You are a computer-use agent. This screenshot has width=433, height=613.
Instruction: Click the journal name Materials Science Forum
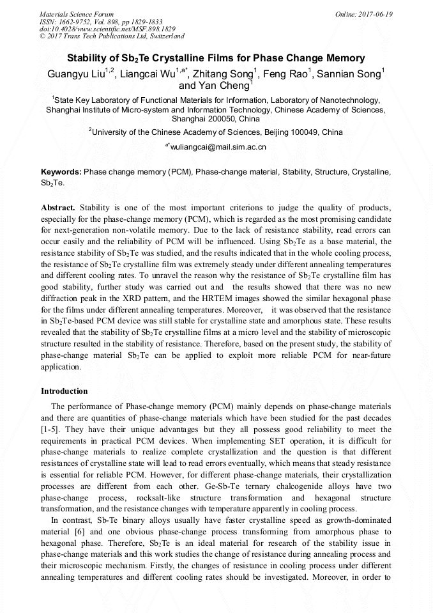(77, 14)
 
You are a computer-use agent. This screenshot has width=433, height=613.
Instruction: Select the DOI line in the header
(107, 29)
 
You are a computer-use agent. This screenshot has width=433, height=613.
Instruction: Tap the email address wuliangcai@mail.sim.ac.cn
(218, 147)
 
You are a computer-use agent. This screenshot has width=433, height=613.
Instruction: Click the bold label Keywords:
(61, 173)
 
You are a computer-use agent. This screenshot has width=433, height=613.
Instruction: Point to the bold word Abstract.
(58, 208)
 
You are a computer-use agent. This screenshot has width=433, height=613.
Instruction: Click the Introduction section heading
(65, 391)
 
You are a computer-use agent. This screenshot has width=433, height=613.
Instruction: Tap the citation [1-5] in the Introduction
(50, 430)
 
